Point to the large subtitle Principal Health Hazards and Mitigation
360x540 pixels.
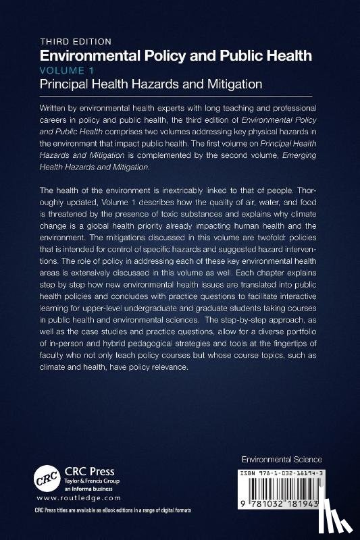pyautogui.click(x=150, y=84)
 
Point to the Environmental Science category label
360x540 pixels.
pyautogui.click(x=282, y=459)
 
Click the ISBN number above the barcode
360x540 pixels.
pyautogui.click(x=282, y=475)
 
